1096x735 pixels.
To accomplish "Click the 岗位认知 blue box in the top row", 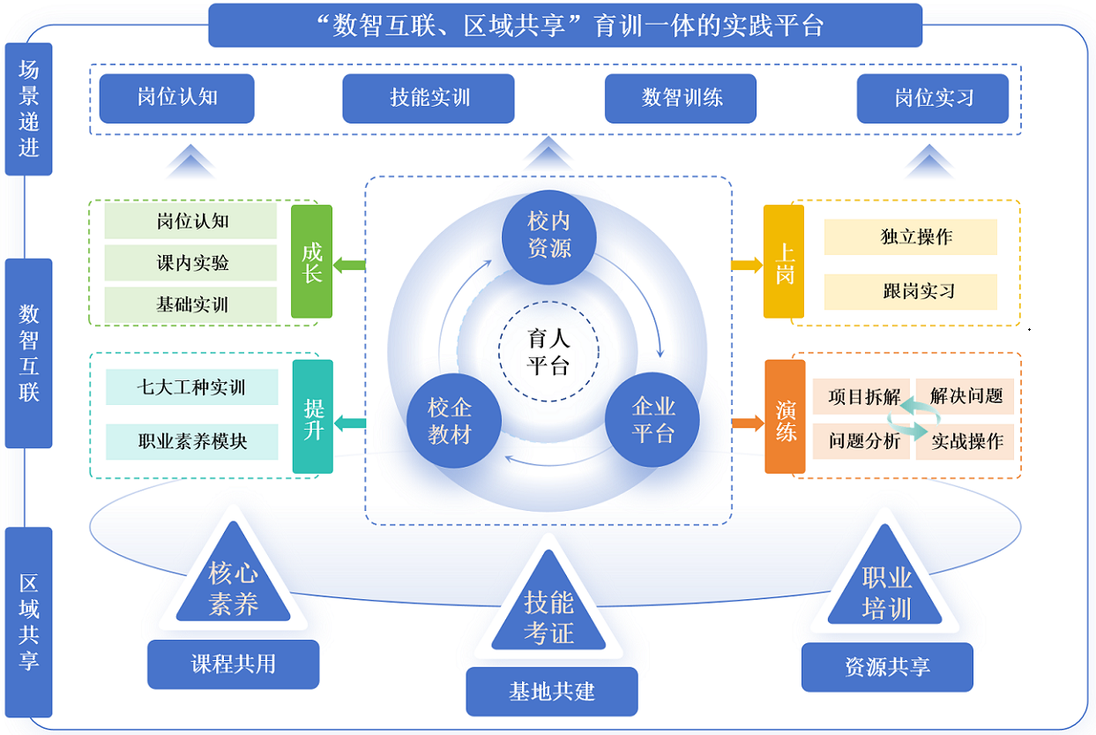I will (176, 98).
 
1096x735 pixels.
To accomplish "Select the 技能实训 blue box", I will (429, 98).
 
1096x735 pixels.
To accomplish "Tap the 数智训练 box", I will (681, 98).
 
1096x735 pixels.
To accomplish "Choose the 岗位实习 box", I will (933, 98).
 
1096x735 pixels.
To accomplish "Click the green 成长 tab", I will (312, 262).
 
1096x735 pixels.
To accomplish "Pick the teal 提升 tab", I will (313, 416).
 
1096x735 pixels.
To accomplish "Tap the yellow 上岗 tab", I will (784, 262).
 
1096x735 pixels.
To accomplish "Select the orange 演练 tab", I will (785, 416).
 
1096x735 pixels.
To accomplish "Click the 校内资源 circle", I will (549, 235).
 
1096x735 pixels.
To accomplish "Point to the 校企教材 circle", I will (450, 421).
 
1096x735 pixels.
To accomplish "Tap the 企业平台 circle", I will (653, 420).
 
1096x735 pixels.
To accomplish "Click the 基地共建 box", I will (551, 692).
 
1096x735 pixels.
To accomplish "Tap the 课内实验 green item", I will (191, 263).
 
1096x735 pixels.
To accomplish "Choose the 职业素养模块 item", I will (192, 441).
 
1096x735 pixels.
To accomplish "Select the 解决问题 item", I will (966, 396).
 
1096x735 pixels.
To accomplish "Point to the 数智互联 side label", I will (29, 353).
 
